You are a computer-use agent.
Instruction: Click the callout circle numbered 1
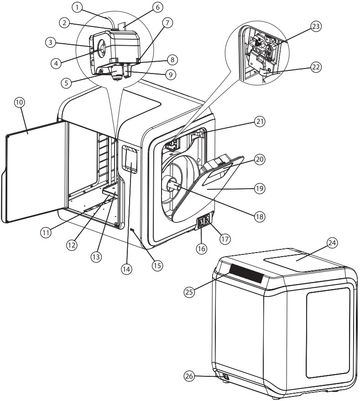pyautogui.click(x=77, y=7)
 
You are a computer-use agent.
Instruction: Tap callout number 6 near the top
pyautogui.click(x=157, y=7)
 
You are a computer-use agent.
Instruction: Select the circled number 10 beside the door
pyautogui.click(x=20, y=103)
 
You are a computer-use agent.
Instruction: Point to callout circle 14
pyautogui.click(x=126, y=269)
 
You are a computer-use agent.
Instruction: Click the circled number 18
pyautogui.click(x=259, y=216)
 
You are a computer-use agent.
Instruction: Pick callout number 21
pyautogui.click(x=260, y=121)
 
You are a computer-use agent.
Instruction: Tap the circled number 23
pyautogui.click(x=316, y=26)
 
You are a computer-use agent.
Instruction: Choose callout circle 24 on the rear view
pyautogui.click(x=332, y=243)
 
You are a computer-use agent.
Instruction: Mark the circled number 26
pyautogui.click(x=189, y=376)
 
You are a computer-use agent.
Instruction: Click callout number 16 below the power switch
pyautogui.click(x=201, y=248)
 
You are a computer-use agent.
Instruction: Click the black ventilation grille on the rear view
pyautogui.click(x=246, y=273)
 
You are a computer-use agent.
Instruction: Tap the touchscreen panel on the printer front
pyautogui.click(x=130, y=159)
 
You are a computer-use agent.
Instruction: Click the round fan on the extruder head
pyautogui.click(x=101, y=48)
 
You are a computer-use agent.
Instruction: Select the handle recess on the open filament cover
pyautogui.click(x=217, y=175)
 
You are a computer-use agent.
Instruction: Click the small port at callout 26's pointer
pyautogui.click(x=225, y=376)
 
